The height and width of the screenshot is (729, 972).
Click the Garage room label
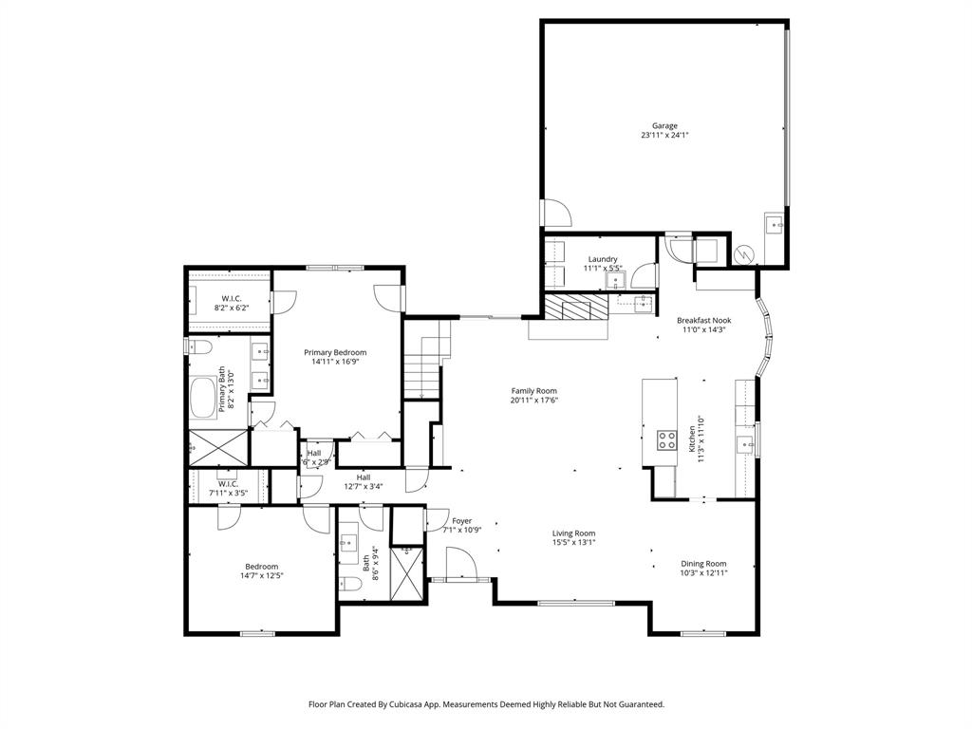pos(664,125)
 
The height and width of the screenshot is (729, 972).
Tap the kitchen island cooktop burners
pos(666,439)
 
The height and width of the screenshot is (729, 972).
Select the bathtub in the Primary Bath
pos(204,399)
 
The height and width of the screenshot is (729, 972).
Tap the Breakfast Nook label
pos(702,321)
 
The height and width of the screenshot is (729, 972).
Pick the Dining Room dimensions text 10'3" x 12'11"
pos(703,573)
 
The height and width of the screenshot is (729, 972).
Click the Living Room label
pos(573,533)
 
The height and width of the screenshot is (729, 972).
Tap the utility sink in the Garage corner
pos(775,226)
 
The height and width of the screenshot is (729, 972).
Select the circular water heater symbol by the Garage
pos(745,254)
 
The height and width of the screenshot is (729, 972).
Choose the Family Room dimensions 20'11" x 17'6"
pos(533,400)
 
